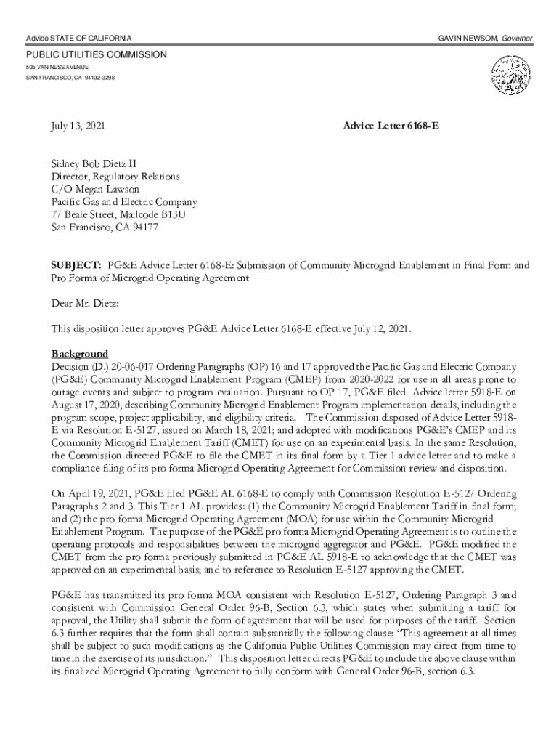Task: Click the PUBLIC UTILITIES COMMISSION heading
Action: tap(97, 55)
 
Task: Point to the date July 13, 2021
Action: tap(78, 126)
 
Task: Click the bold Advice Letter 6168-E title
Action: tap(391, 126)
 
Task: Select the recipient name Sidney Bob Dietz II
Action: tap(94, 164)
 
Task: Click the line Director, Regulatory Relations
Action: tap(115, 177)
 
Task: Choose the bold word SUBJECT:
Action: tap(76, 265)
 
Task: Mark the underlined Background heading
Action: tap(79, 354)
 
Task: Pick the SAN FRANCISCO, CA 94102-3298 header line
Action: tap(70, 77)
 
